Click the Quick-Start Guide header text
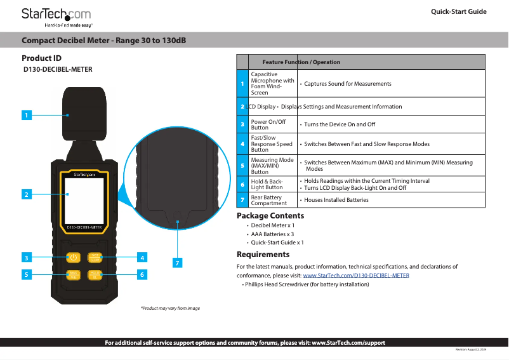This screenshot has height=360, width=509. point(458,12)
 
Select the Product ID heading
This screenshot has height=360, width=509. point(41,58)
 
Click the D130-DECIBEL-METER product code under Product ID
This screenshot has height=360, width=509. point(58,69)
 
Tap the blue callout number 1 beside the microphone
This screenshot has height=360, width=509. point(25,116)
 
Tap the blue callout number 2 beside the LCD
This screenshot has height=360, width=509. point(25,194)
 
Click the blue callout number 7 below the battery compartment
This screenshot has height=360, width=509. point(178,262)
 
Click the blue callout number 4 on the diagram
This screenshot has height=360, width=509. point(143,258)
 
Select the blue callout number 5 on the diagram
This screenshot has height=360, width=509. point(25,275)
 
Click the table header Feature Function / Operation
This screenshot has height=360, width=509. point(301,62)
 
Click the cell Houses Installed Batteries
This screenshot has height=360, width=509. point(336,200)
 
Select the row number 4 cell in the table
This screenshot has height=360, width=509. point(242,144)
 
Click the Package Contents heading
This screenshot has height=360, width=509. point(270,216)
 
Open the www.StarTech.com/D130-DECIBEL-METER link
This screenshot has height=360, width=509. point(356,276)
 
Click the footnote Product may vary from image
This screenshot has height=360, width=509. point(170,308)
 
